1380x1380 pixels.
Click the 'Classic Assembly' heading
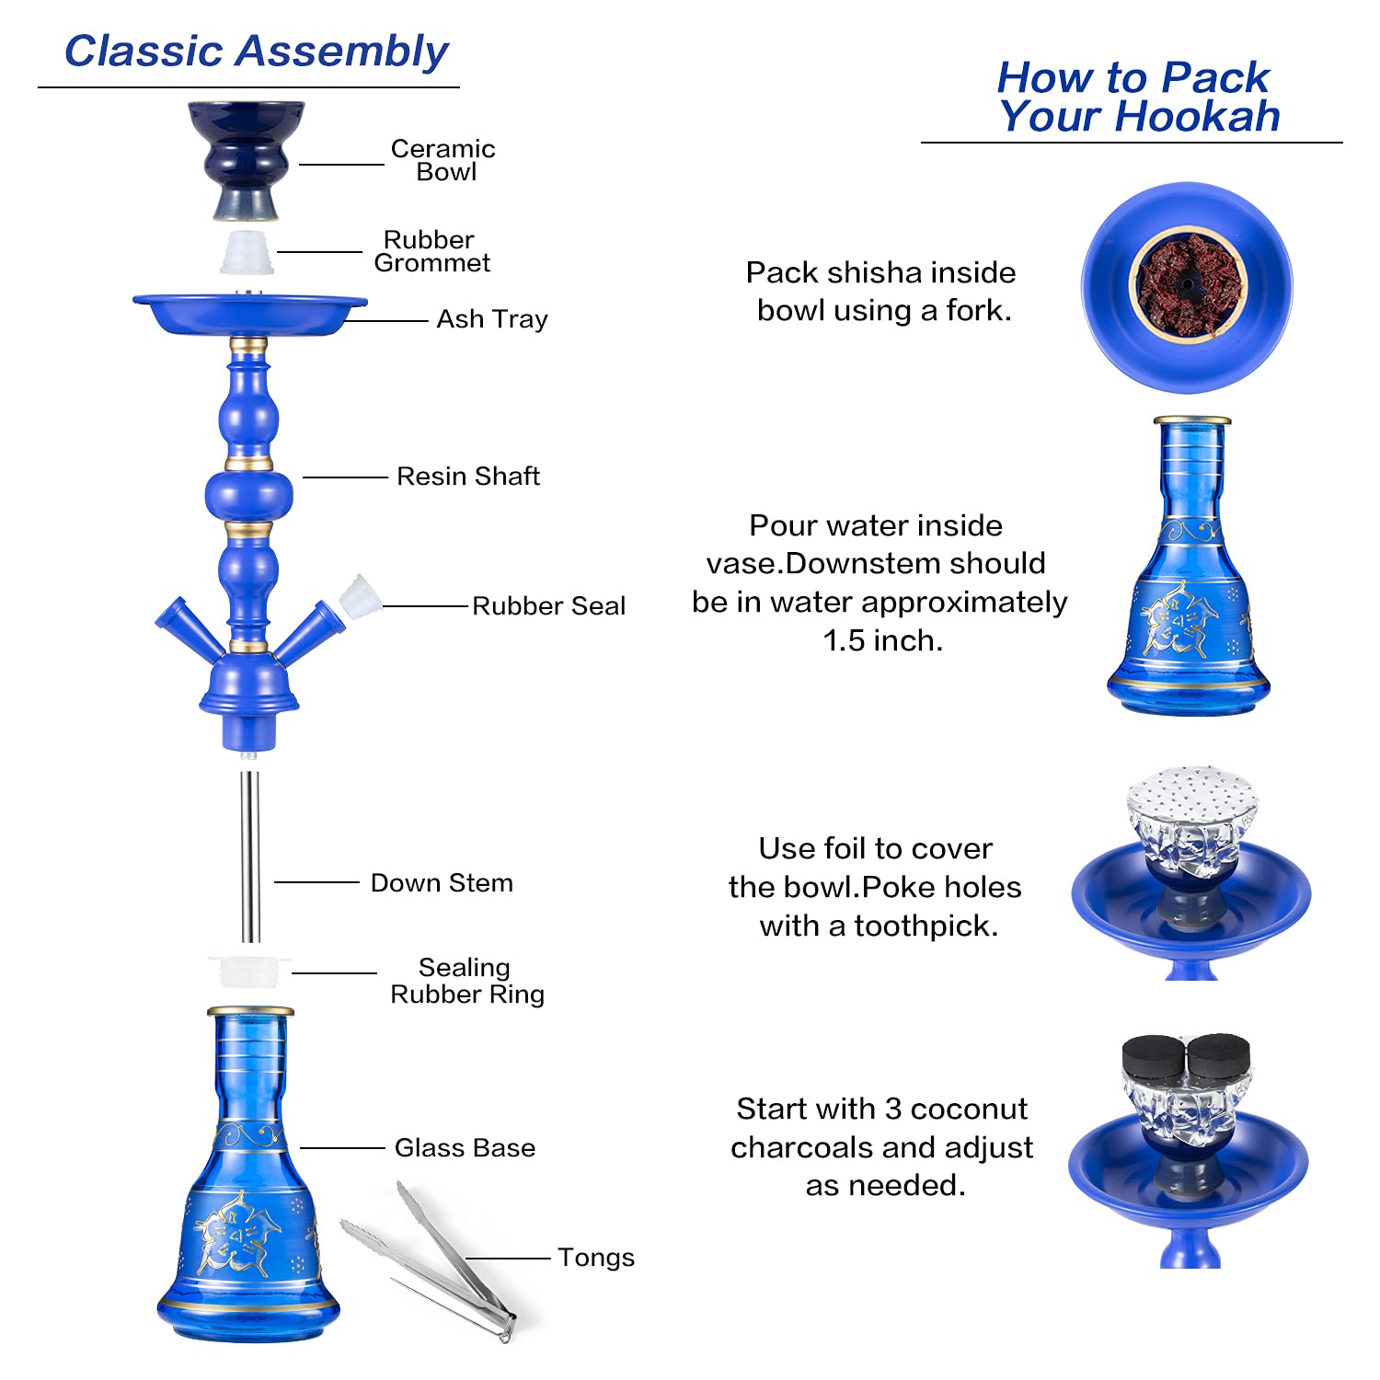click(256, 52)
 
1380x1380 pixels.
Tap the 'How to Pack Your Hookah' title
click(1137, 97)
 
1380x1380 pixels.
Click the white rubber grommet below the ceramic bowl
click(247, 253)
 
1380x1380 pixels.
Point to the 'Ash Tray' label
click(492, 319)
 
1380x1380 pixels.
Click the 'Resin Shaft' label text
click(467, 477)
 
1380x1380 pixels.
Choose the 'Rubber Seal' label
click(548, 606)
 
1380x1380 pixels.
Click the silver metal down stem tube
click(249, 856)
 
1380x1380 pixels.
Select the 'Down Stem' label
click(442, 883)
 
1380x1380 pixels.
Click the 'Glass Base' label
click(465, 1148)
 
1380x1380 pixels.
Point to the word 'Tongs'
click(596, 1258)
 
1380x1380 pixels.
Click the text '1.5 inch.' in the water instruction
click(882, 640)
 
